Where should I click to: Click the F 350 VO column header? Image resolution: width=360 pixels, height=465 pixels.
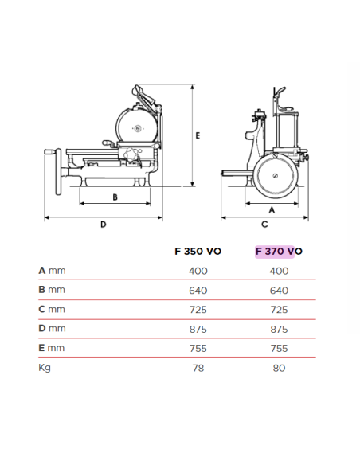click(198, 251)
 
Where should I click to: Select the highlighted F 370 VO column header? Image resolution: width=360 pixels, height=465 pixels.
click(279, 251)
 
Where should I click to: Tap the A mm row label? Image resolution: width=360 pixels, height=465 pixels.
click(52, 271)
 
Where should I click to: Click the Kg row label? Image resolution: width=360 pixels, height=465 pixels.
click(45, 367)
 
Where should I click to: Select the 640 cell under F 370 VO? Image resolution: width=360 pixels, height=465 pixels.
click(279, 290)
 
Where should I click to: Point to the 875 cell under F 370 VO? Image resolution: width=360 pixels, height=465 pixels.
click(279, 328)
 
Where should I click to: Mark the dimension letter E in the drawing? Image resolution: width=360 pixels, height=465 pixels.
click(198, 135)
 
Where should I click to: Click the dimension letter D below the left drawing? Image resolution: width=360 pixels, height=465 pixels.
click(103, 225)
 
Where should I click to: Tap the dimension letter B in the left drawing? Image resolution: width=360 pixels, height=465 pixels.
click(115, 196)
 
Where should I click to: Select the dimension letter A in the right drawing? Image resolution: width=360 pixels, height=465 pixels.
click(272, 210)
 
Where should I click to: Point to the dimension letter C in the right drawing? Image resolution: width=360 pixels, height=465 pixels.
click(264, 225)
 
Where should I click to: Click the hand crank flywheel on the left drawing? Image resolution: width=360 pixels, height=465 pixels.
click(57, 170)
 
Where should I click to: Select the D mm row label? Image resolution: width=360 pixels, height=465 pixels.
click(52, 328)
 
